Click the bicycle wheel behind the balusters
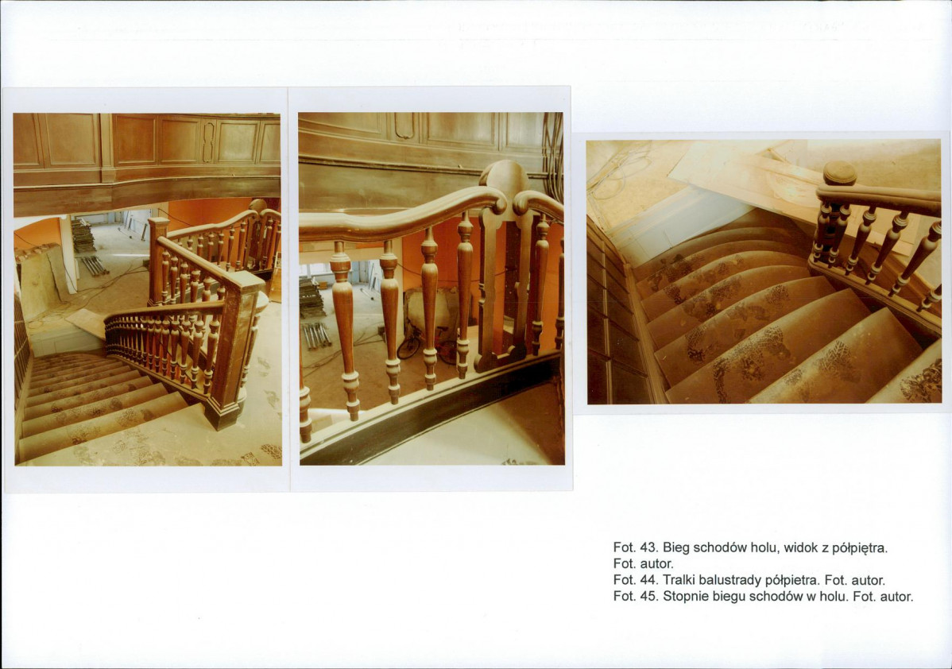tap(408, 346)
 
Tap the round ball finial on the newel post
tap(840, 173)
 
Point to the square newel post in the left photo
tap(233, 346)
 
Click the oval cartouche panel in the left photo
tap(208, 141)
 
